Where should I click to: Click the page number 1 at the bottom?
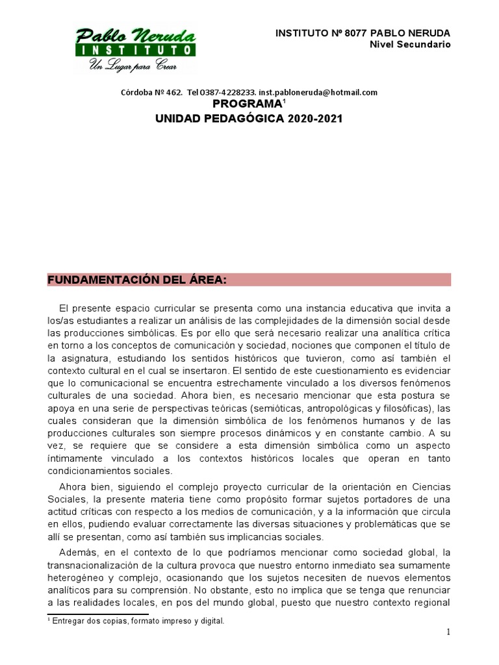tap(448, 633)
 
